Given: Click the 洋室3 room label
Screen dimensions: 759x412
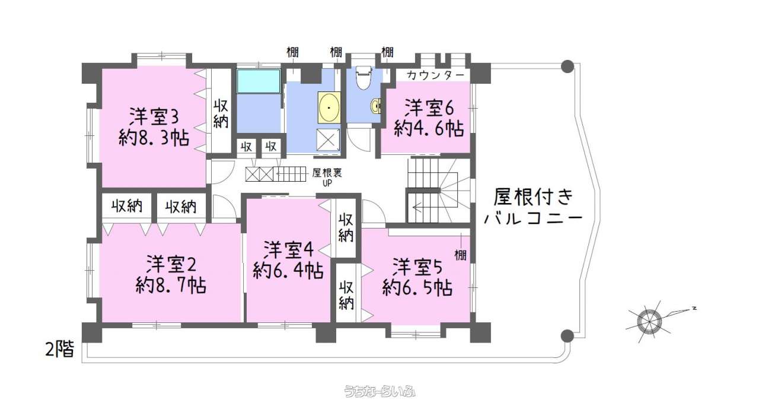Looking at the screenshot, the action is pyautogui.click(x=154, y=116).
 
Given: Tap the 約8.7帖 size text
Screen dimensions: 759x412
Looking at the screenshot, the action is pyautogui.click(x=171, y=286).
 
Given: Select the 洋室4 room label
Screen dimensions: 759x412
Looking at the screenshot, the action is pyautogui.click(x=288, y=250).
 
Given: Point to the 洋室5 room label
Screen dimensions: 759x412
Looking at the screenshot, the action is pyautogui.click(x=417, y=267).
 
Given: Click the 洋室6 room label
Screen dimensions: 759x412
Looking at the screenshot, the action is pyautogui.click(x=429, y=108).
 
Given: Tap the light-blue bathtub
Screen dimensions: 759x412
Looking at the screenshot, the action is pyautogui.click(x=259, y=81).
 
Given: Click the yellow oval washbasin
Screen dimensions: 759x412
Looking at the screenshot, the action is pyautogui.click(x=329, y=107).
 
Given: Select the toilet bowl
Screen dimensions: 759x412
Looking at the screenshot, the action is pyautogui.click(x=364, y=77).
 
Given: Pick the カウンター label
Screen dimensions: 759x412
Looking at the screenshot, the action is pyautogui.click(x=435, y=75).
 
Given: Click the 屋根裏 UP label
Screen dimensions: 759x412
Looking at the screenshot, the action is pyautogui.click(x=327, y=177).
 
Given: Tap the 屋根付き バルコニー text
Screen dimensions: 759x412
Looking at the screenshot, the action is pyautogui.click(x=533, y=207).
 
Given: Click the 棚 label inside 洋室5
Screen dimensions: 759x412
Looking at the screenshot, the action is pyautogui.click(x=460, y=255).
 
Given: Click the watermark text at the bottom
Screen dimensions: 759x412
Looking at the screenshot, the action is pyautogui.click(x=379, y=391).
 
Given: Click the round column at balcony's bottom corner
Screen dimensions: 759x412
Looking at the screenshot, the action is pyautogui.click(x=567, y=336).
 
